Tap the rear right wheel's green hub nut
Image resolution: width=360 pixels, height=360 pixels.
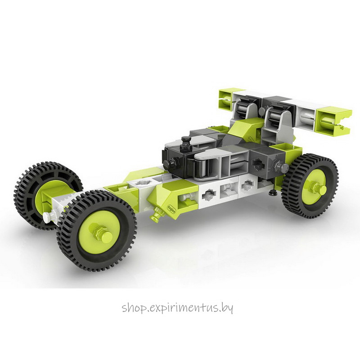pos(317,187)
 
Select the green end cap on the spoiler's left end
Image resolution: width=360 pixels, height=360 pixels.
pos(226,99)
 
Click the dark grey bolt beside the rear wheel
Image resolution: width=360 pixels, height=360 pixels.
pos(280,167)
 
